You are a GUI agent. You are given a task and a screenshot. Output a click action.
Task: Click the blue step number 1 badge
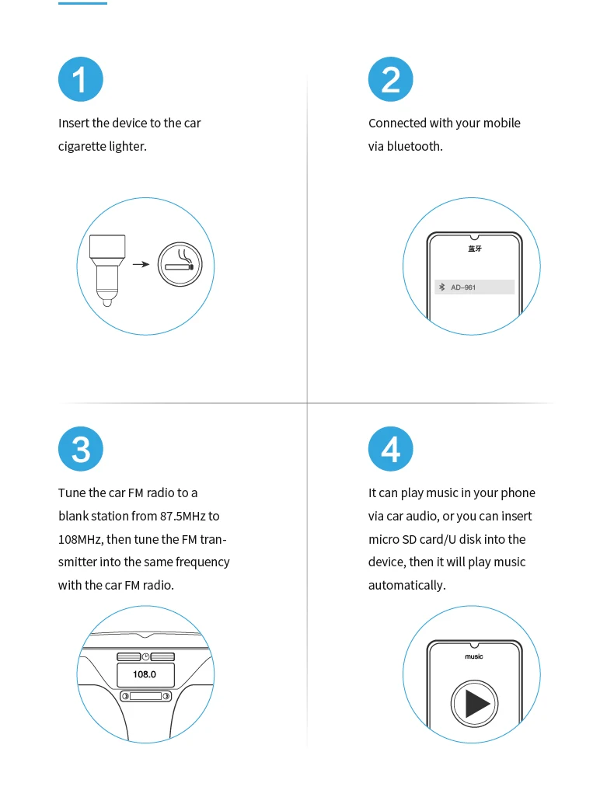tap(81, 79)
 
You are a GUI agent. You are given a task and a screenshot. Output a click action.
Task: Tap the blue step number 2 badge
tap(390, 79)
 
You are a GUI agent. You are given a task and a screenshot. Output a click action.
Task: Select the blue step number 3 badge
tap(81, 449)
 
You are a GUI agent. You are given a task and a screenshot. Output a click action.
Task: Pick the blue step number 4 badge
tap(390, 449)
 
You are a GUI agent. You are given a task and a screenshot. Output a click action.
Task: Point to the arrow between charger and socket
tap(141, 265)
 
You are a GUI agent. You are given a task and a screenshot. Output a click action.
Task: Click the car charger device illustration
tap(107, 270)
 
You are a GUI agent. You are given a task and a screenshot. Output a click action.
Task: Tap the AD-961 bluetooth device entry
tap(474, 287)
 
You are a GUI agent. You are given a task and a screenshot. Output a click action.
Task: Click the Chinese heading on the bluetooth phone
tap(474, 249)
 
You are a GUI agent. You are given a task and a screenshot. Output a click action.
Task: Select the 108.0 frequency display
tap(145, 675)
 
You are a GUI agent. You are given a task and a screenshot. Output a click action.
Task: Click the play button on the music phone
tap(474, 704)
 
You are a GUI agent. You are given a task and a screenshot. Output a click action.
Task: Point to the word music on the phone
tap(474, 656)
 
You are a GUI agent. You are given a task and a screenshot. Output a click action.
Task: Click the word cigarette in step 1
tap(84, 147)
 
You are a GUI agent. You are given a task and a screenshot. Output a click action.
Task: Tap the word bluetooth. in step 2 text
tap(414, 146)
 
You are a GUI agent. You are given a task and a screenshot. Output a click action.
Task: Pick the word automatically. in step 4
tap(406, 586)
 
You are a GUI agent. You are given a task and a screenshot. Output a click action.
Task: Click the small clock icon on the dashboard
tap(145, 657)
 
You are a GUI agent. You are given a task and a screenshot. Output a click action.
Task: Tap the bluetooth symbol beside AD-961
tap(441, 287)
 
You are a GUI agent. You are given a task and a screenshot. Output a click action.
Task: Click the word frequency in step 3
tap(203, 562)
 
